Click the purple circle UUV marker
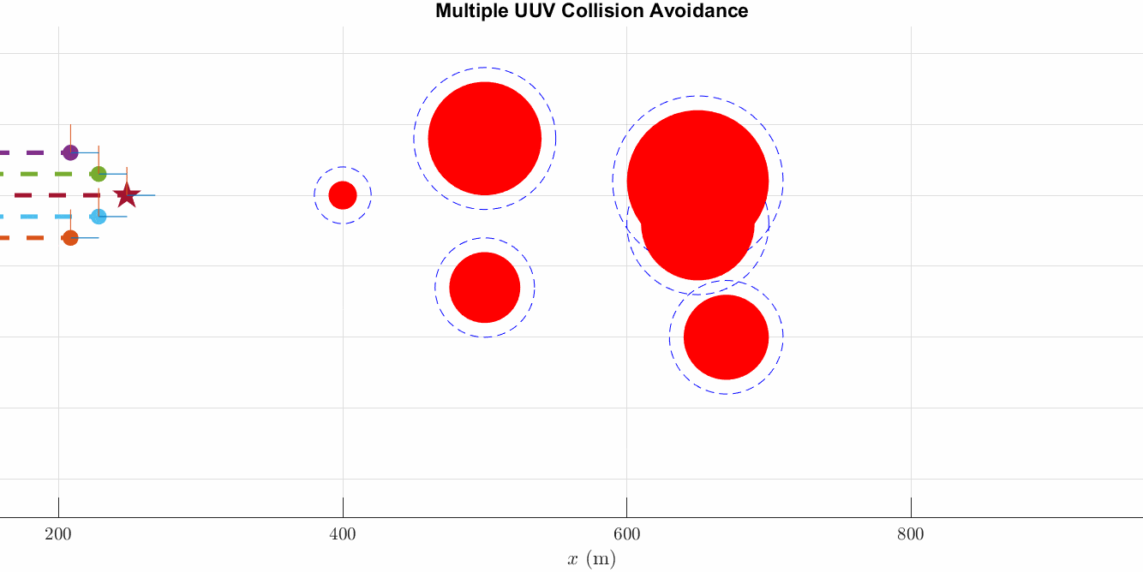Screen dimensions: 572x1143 pyautogui.click(x=70, y=152)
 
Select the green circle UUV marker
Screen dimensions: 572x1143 pyautogui.click(x=99, y=174)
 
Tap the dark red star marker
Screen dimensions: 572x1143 pyautogui.click(x=127, y=195)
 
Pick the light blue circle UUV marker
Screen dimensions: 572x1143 pyautogui.click(x=99, y=217)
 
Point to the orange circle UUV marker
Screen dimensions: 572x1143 pyautogui.click(x=70, y=238)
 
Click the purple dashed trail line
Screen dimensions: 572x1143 pyautogui.click(x=26, y=152)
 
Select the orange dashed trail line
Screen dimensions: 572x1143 pyautogui.click(x=26, y=238)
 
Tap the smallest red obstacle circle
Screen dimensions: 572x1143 pyautogui.click(x=343, y=195)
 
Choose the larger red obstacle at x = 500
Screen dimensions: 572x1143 pyautogui.click(x=485, y=138)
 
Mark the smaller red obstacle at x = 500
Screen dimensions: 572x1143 pyautogui.click(x=485, y=287)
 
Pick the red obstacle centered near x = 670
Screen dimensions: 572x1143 pyautogui.click(x=726, y=337)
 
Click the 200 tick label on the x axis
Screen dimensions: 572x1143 pyautogui.click(x=58, y=535)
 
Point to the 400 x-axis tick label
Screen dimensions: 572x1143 pyautogui.click(x=343, y=535)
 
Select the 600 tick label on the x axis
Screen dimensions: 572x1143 pyautogui.click(x=626, y=535)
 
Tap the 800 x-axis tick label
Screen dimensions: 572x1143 pyautogui.click(x=911, y=535)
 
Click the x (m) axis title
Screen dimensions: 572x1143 pyautogui.click(x=591, y=560)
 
